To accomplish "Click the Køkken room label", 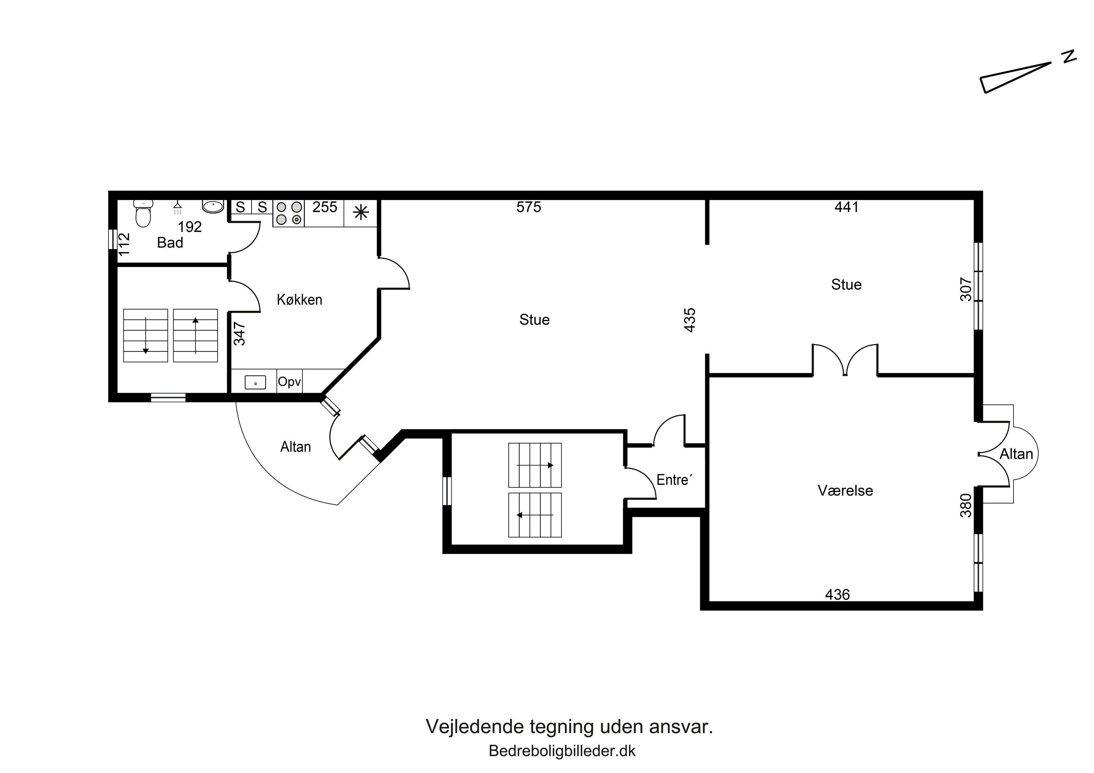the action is [x=299, y=300].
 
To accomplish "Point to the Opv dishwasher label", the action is [x=289, y=382].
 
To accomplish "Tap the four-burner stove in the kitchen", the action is [x=289, y=213].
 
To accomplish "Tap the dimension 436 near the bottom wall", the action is [x=837, y=594].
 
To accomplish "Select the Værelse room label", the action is [x=845, y=491].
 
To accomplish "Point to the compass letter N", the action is [x=1069, y=69].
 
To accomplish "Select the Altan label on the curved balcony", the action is [x=295, y=447].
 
